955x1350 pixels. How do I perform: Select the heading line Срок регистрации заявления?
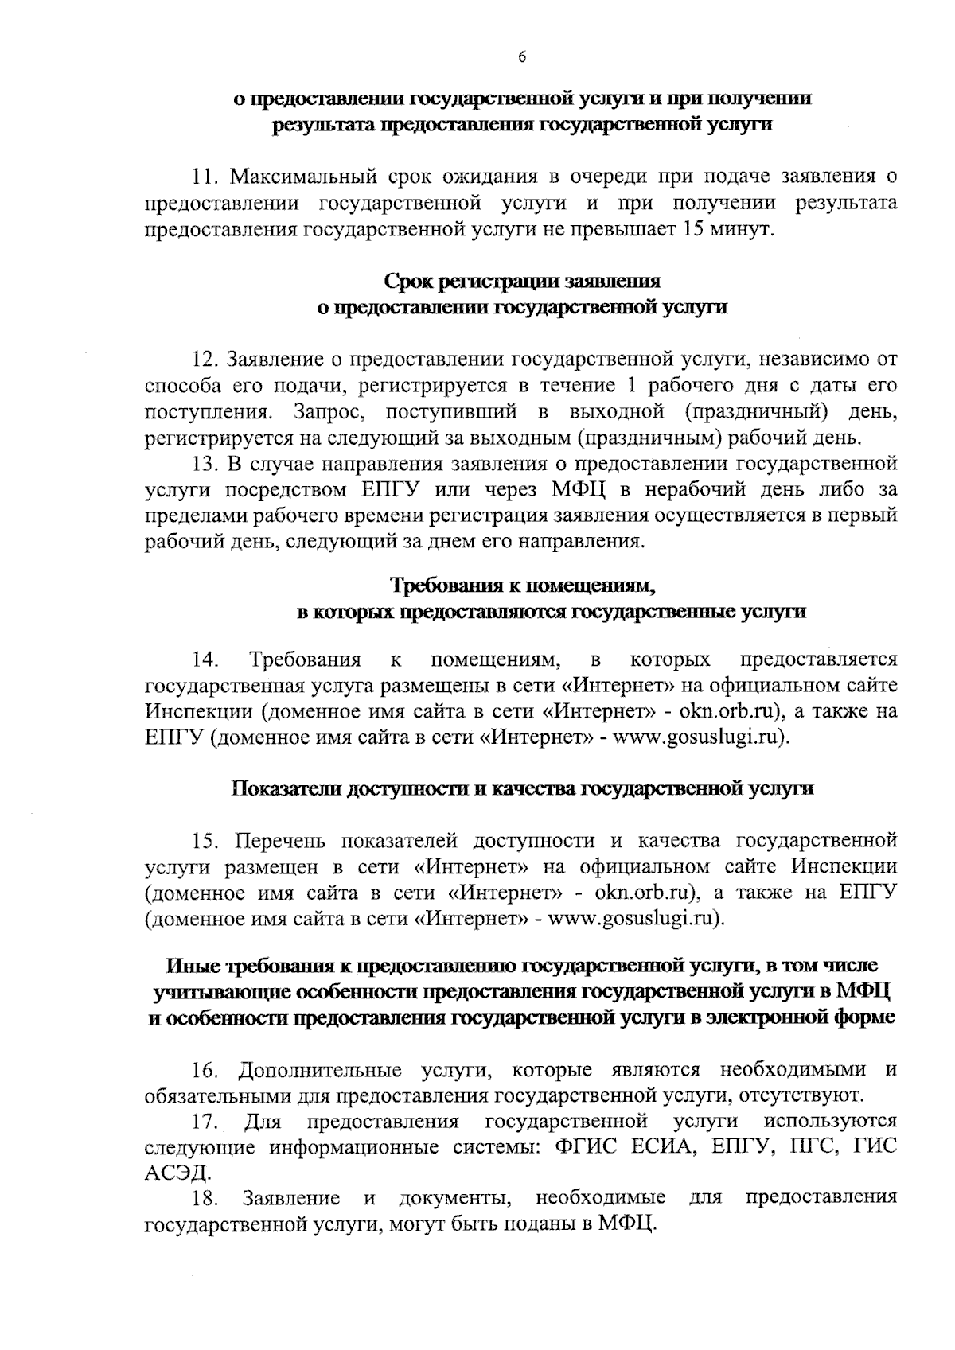[x=522, y=282]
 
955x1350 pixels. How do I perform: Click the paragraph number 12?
[x=206, y=360]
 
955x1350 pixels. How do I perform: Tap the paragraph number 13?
[x=206, y=464]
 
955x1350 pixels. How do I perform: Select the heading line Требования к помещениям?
[x=522, y=586]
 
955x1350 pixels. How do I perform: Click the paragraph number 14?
[x=204, y=659]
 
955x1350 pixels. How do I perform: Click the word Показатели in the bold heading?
[x=287, y=788]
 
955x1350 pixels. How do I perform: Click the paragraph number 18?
[x=204, y=1198]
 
